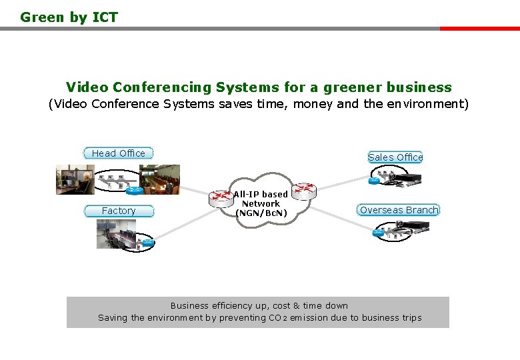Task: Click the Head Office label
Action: (x=119, y=153)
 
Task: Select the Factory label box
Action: (x=119, y=211)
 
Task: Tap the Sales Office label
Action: (x=395, y=157)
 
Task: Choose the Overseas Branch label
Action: (x=399, y=210)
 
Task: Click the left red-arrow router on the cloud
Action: (x=219, y=197)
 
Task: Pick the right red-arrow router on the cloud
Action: (x=304, y=191)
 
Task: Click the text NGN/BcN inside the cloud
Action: (x=261, y=213)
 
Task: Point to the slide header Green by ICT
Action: (x=69, y=17)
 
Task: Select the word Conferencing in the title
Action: (x=162, y=87)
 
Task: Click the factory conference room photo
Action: (x=116, y=234)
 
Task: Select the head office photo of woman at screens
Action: (x=75, y=179)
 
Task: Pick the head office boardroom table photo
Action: (x=159, y=179)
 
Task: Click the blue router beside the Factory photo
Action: (x=147, y=243)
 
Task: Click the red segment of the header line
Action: (x=479, y=29)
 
